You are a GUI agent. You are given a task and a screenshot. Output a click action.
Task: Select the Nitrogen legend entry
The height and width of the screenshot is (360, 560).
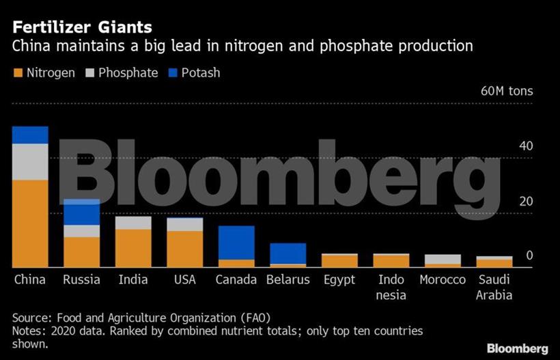point(44,72)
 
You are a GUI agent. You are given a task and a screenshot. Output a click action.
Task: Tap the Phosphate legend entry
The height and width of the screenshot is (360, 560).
point(122,72)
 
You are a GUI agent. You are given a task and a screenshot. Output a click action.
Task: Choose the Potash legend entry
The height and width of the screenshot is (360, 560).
point(194,72)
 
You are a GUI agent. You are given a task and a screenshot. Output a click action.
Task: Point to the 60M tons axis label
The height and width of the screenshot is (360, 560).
point(507,92)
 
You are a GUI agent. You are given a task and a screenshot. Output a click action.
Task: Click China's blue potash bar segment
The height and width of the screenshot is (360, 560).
point(30,135)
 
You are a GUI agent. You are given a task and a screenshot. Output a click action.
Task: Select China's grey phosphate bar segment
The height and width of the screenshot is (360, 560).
point(30,162)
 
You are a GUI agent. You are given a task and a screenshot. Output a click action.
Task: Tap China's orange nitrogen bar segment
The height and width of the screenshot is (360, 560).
point(30,223)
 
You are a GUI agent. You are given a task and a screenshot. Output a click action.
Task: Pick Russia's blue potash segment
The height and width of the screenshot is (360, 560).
point(81,212)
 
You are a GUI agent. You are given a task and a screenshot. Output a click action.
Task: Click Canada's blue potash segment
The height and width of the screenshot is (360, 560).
point(236,243)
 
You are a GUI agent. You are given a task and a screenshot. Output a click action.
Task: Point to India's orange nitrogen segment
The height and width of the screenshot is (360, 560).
point(133,248)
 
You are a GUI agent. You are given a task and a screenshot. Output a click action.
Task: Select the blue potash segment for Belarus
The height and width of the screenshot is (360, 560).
point(288,253)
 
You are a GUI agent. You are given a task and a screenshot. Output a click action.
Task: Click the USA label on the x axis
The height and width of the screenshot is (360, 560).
point(185,280)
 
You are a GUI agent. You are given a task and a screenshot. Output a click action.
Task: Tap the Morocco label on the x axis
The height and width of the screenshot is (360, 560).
point(443,280)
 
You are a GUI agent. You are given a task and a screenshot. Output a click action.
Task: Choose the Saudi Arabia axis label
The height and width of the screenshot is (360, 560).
point(494,288)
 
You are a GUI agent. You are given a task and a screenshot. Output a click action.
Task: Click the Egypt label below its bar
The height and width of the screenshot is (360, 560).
point(339,280)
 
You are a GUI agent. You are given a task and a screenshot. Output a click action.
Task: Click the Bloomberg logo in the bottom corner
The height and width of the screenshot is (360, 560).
point(517,348)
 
